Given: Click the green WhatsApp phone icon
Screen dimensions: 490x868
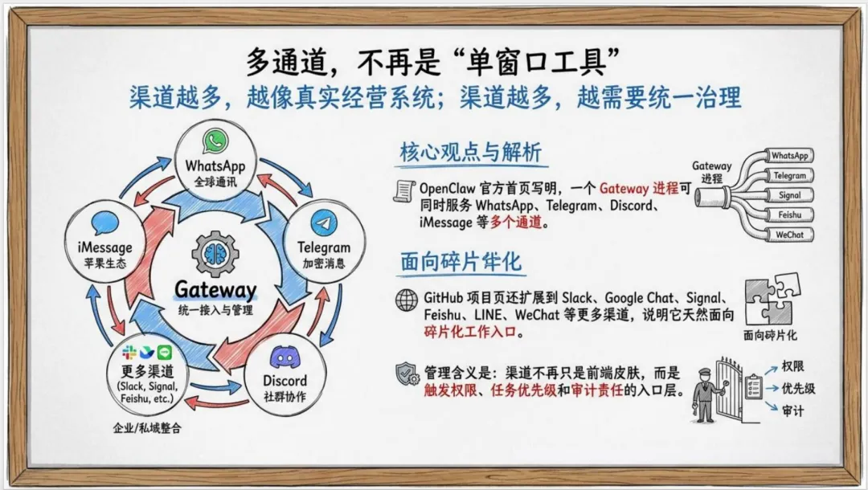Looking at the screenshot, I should tap(215, 142).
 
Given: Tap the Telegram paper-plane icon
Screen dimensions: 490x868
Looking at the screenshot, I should tap(324, 223).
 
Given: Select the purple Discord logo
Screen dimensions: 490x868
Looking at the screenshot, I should tap(285, 357).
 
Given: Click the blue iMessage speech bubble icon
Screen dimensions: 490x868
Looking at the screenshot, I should tap(105, 223).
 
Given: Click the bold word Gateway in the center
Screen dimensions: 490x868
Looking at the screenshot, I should tap(215, 290).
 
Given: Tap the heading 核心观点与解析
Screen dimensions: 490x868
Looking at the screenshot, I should tap(470, 153).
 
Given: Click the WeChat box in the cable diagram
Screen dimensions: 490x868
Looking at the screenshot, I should tap(789, 235).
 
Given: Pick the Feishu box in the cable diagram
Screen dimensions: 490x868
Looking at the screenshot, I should tap(789, 214).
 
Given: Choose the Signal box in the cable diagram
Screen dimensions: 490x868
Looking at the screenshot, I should tap(789, 195).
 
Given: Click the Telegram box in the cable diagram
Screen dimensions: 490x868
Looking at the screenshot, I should tap(789, 175).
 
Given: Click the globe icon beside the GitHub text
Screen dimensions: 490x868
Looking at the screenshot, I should tap(407, 299).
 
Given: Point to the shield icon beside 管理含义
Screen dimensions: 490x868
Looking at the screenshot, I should tap(407, 374).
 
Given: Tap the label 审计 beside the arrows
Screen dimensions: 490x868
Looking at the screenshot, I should tap(793, 410).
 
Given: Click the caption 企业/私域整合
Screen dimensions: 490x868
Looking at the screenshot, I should tap(147, 428).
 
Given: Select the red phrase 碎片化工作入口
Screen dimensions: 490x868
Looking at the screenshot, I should tap(470, 332).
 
